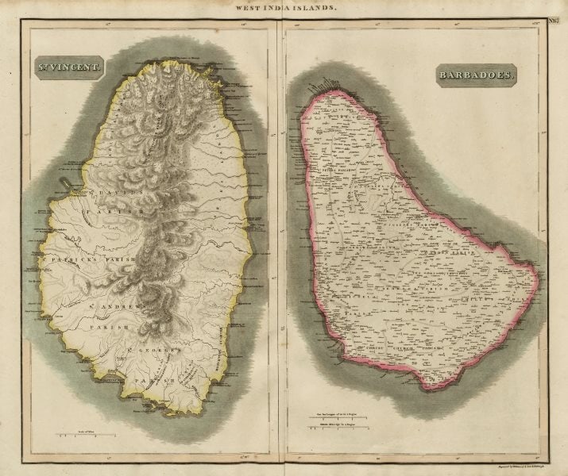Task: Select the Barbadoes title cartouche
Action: [476, 76]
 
